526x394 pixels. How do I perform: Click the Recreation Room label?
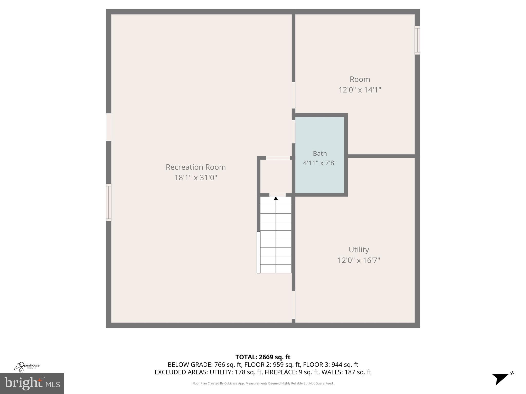pyautogui.click(x=195, y=167)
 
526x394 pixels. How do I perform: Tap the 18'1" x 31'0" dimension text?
pyautogui.click(x=195, y=178)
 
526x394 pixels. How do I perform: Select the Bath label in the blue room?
pyautogui.click(x=320, y=153)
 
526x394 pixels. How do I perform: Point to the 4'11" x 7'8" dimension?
pyautogui.click(x=320, y=163)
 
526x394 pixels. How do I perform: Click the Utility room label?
pyautogui.click(x=359, y=250)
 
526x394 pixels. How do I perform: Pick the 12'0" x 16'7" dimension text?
pyautogui.click(x=359, y=260)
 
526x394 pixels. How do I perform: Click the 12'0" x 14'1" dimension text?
pyautogui.click(x=360, y=90)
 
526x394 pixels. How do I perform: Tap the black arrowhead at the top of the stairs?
pyautogui.click(x=276, y=198)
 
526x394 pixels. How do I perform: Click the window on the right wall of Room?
pyautogui.click(x=417, y=40)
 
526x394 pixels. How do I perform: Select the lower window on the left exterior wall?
pyautogui.click(x=109, y=202)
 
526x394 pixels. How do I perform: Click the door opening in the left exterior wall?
pyautogui.click(x=109, y=127)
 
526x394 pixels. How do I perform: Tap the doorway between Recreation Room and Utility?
pyautogui.click(x=293, y=305)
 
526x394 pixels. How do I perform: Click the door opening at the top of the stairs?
pyautogui.click(x=277, y=195)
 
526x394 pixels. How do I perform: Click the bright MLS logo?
pyautogui.click(x=32, y=383)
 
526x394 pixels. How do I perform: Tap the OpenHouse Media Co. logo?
pyautogui.click(x=27, y=367)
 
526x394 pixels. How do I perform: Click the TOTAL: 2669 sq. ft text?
pyautogui.click(x=263, y=357)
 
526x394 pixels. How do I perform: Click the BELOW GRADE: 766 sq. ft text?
pyautogui.click(x=205, y=365)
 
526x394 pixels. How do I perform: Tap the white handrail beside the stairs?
pyautogui.click(x=258, y=252)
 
